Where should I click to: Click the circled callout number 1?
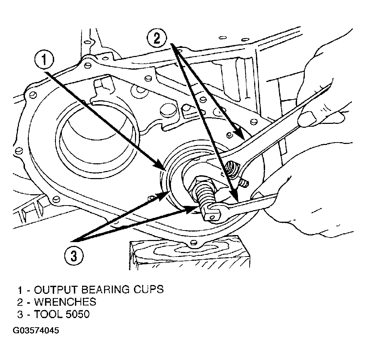coord(44,61)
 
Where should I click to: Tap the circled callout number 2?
coord(157,38)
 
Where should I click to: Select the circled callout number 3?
coord(74,255)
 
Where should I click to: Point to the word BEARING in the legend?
coord(106,290)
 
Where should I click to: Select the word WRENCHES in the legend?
coord(65,302)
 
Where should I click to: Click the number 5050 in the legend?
coord(78,314)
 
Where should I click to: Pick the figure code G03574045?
coord(36,330)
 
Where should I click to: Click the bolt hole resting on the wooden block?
coord(193,242)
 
